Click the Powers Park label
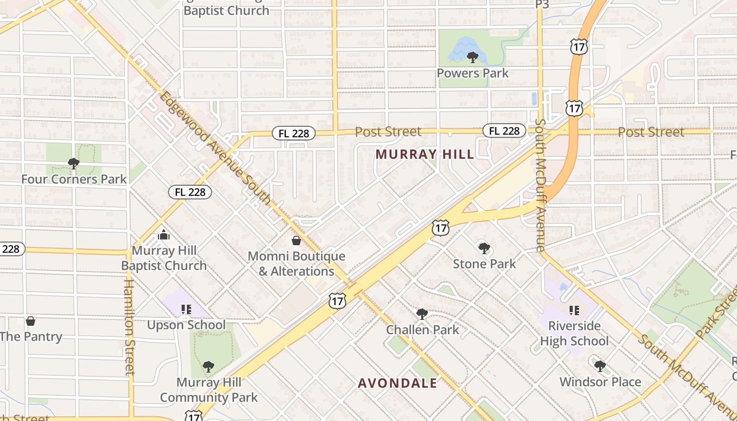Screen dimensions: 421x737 pyautogui.click(x=473, y=73)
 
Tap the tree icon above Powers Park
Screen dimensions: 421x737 pyautogui.click(x=472, y=57)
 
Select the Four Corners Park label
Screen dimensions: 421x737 pyautogui.click(x=74, y=179)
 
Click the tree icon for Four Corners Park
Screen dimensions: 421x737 pyautogui.click(x=74, y=164)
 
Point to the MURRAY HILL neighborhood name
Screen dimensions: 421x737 pyautogui.click(x=425, y=154)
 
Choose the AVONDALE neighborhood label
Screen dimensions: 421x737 pyautogui.click(x=397, y=383)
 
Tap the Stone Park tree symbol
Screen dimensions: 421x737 pyautogui.click(x=484, y=248)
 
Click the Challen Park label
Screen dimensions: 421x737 pyautogui.click(x=423, y=330)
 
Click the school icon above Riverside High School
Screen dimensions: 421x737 pyautogui.click(x=574, y=310)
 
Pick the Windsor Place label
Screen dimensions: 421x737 pyautogui.click(x=600, y=382)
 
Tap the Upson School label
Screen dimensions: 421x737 pyautogui.click(x=186, y=325)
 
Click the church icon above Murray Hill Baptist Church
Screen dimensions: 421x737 pyautogui.click(x=164, y=235)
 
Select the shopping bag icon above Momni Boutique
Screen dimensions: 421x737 pyautogui.click(x=296, y=240)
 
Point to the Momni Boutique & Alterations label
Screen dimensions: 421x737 pyautogui.click(x=296, y=264)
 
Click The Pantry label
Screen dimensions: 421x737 pyautogui.click(x=31, y=337)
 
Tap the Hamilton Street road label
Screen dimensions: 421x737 pyautogui.click(x=130, y=326)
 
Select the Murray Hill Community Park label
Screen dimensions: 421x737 pyautogui.click(x=208, y=390)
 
